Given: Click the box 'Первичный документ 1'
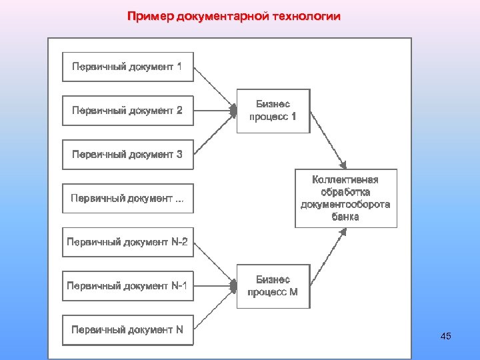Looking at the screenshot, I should coord(127,67).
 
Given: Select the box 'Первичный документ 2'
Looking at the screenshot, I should coord(127,111).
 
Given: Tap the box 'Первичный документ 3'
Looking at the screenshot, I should coord(127,155).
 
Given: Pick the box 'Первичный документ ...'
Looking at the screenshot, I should coord(127,198).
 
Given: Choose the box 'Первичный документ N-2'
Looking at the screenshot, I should coord(127,242).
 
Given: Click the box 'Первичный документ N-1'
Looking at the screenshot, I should coord(127,286).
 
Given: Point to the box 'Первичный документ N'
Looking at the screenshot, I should coord(127,329).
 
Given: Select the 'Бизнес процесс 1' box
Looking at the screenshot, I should coord(273,111).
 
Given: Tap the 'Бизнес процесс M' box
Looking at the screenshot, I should coord(273,286).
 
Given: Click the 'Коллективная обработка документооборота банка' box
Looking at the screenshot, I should coord(345,198).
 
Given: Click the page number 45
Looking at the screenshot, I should coord(446,336).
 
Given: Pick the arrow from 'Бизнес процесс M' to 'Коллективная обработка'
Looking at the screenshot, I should coord(327,258).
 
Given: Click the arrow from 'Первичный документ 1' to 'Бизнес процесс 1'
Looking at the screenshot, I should coord(215,88).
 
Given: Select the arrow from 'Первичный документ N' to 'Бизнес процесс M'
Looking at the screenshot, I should coord(215,308).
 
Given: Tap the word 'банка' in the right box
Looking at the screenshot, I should coord(345,217).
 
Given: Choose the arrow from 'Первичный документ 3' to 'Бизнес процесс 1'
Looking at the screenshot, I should coord(215,133).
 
